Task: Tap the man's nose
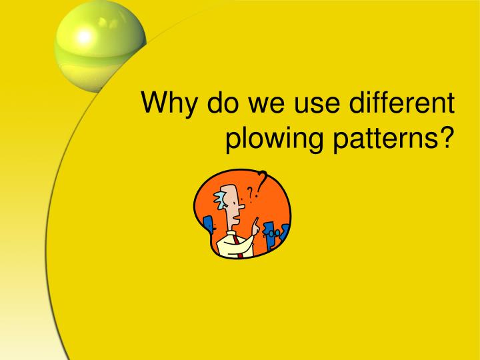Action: [241, 207]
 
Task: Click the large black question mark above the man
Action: [263, 179]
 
